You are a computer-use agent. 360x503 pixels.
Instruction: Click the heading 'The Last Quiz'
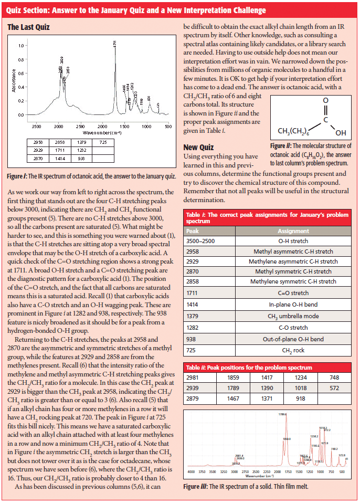coord(28,26)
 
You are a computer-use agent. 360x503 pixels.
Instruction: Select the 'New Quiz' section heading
coord(198,147)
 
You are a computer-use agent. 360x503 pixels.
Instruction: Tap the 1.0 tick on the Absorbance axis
coord(20,46)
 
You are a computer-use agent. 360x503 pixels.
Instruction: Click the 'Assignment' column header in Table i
coord(293,230)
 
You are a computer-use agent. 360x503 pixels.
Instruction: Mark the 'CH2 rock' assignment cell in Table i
coord(293,350)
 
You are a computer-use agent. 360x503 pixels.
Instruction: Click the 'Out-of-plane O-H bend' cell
coord(293,340)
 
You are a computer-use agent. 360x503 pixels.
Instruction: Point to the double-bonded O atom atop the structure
coord(325,100)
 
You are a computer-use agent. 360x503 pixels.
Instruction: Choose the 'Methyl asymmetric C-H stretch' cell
coord(293,251)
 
